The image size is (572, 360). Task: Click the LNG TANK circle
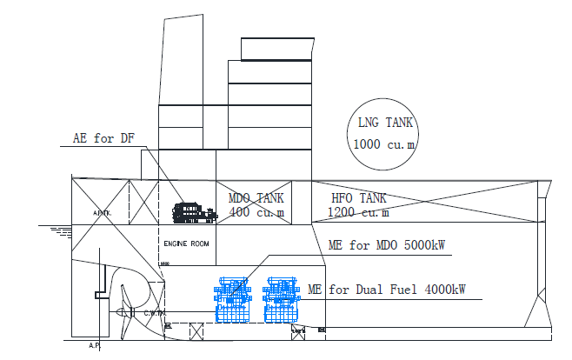point(382,132)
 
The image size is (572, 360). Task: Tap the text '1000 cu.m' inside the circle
point(383,143)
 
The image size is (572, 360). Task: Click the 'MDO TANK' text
point(256,198)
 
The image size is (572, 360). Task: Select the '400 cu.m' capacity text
point(257,211)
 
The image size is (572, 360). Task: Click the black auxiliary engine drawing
point(193,211)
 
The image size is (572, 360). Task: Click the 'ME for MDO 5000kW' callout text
point(386,245)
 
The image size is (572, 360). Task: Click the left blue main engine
point(234,300)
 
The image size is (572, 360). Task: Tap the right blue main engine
point(281,300)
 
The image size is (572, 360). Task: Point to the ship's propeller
point(129,316)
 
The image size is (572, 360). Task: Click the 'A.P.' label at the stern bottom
point(95,344)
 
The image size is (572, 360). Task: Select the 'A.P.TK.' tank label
point(102,211)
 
